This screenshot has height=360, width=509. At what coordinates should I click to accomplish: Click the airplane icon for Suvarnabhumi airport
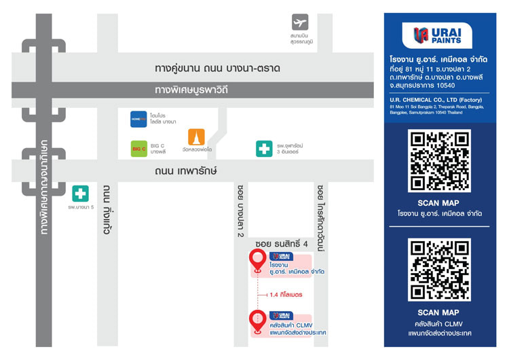click(299, 22)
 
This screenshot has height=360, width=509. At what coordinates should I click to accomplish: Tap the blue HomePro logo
click(138, 119)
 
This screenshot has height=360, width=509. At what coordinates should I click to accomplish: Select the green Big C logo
click(138, 148)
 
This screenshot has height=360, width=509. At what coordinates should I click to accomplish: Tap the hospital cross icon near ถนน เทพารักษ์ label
click(264, 148)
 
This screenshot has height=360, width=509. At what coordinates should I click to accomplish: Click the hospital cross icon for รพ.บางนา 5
click(80, 193)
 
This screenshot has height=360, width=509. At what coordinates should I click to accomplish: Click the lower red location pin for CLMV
click(257, 320)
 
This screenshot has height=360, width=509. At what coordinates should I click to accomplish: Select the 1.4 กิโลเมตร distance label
click(286, 295)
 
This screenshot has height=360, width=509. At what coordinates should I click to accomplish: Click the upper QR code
click(438, 160)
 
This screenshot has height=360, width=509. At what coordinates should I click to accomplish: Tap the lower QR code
click(438, 269)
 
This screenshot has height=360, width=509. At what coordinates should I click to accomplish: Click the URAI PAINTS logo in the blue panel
click(438, 35)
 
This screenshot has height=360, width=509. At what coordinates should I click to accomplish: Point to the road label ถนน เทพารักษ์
click(186, 172)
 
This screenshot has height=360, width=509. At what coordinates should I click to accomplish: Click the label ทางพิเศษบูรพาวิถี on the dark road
click(191, 90)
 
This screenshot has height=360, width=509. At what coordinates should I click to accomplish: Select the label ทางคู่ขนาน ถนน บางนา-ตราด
click(217, 69)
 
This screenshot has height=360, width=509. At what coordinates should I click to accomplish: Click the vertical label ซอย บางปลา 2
click(240, 210)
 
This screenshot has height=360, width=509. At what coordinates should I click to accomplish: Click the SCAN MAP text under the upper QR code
click(438, 203)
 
